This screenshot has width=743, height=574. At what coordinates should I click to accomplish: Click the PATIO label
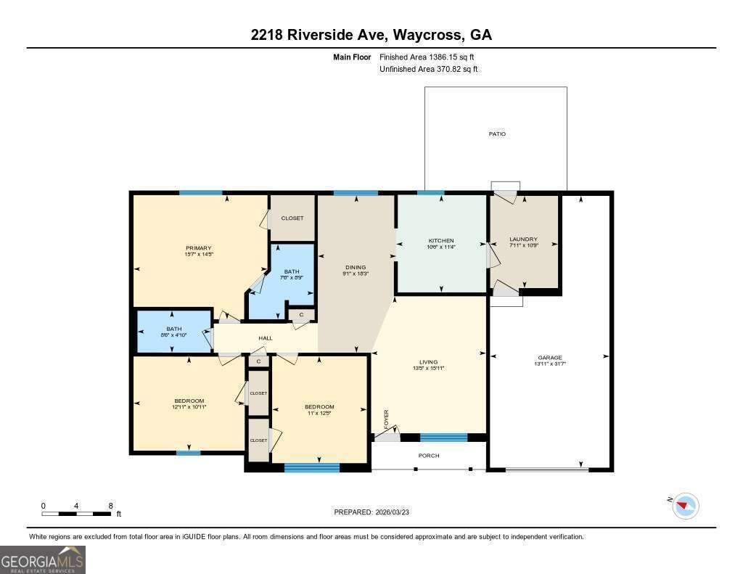[x=497, y=134]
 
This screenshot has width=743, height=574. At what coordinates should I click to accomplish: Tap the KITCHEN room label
[x=441, y=241]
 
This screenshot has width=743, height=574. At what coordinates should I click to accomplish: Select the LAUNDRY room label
[x=523, y=239]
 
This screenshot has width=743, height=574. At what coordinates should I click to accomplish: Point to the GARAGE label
[x=550, y=358]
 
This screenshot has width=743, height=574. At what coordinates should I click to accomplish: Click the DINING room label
[x=356, y=267]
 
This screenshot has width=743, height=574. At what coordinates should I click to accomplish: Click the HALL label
[x=266, y=338]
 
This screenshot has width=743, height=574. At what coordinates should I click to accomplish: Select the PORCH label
[x=429, y=456]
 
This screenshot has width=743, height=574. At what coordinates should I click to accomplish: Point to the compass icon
[x=686, y=506]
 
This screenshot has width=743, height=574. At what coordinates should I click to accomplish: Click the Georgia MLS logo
[x=43, y=559]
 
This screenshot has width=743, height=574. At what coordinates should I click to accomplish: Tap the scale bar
[x=76, y=513]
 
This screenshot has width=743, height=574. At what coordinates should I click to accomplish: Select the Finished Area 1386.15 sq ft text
[x=427, y=57]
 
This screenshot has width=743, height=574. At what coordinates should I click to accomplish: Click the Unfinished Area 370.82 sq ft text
[x=429, y=70]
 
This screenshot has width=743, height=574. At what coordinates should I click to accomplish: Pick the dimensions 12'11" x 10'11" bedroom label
[x=189, y=408]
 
